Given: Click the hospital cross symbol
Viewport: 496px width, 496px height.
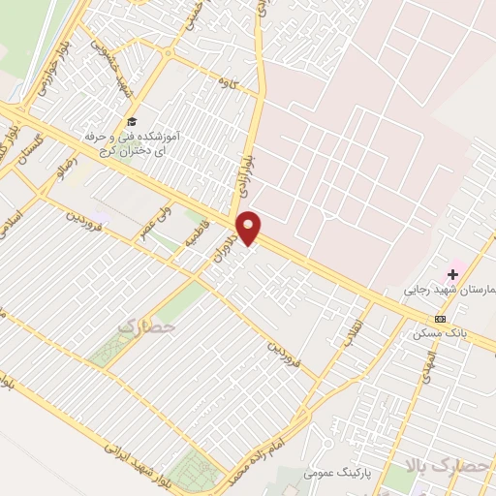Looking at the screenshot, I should (452, 274).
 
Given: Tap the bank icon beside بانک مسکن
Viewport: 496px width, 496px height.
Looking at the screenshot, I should (441, 319).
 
